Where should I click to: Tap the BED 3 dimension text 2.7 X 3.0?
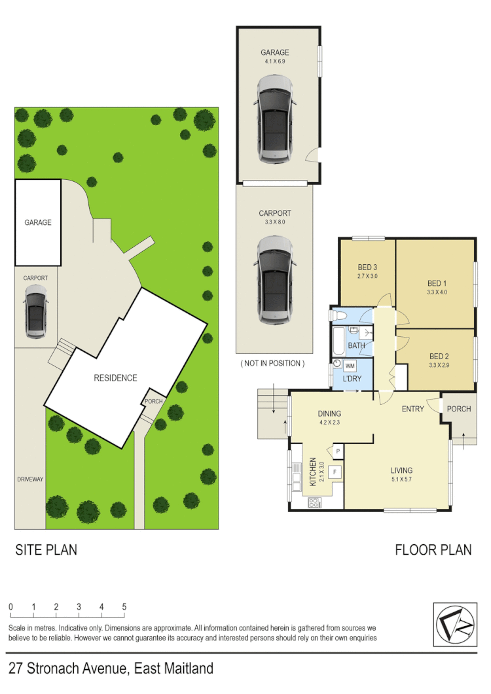[367, 276]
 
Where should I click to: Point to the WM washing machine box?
[350, 366]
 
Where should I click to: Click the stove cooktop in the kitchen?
[314, 503]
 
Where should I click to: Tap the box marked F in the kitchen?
[335, 472]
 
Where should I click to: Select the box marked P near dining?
[338, 451]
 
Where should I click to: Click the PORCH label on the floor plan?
[458, 409]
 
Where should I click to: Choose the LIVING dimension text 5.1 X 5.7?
[401, 479]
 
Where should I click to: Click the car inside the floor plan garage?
[274, 119]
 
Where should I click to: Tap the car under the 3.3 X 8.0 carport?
[274, 280]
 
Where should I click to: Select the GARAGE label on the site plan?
[38, 222]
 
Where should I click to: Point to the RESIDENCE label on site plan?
[115, 378]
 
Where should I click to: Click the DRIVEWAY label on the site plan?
[30, 479]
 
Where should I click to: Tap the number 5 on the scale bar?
[124, 607]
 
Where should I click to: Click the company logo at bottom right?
[454, 624]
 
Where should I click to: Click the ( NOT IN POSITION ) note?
[272, 363]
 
